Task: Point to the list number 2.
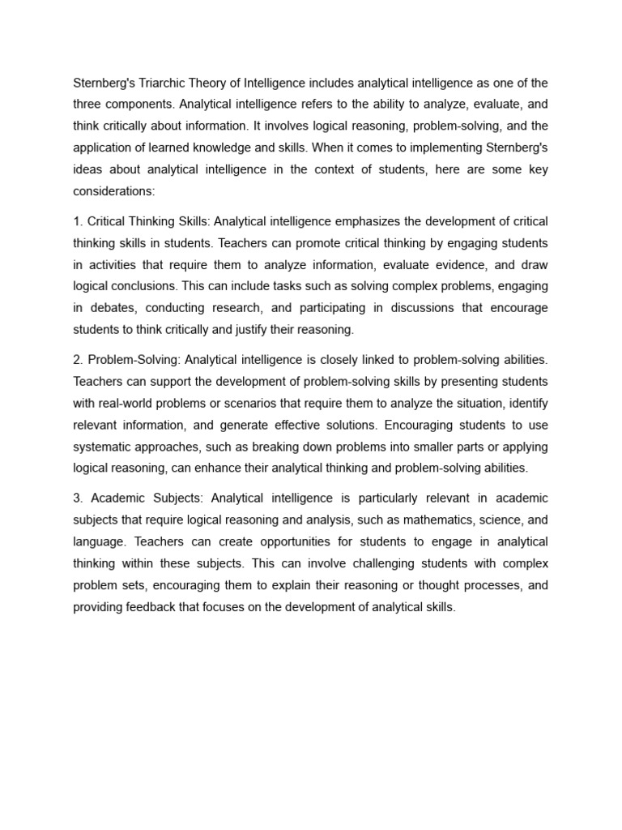pos(77,359)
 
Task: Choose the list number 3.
pos(77,497)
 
